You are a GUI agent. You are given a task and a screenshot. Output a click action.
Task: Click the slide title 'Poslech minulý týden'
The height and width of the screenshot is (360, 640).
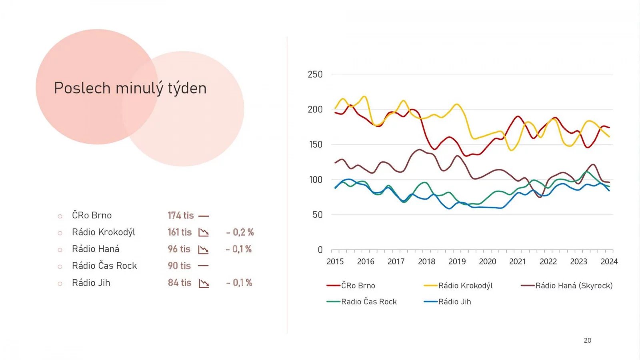[x=130, y=88]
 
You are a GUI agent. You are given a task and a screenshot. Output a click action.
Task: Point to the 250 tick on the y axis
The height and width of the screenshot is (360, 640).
[x=315, y=74]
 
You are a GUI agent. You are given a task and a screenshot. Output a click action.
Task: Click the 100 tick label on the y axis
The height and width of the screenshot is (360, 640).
[x=315, y=180]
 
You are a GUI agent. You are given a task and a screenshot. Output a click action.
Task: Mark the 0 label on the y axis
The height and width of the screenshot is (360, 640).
[x=320, y=250]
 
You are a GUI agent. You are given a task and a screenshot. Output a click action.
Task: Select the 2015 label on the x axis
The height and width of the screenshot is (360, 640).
[x=335, y=262]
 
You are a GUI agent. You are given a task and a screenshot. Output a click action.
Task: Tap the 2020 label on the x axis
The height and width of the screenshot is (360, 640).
[x=488, y=262]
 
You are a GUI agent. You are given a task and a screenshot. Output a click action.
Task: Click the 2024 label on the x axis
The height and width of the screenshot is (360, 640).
[x=609, y=262]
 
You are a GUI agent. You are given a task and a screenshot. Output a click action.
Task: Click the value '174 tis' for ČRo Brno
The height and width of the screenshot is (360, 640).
[x=180, y=216]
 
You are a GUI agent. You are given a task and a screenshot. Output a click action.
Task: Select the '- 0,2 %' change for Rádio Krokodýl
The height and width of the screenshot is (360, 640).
[x=240, y=232]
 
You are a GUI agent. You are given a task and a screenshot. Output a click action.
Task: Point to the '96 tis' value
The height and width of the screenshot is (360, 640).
[x=179, y=249]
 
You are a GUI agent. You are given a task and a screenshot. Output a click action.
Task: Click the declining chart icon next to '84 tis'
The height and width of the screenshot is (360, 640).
[x=204, y=283]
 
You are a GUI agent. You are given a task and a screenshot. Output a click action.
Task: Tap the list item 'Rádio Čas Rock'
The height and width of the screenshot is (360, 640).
[x=104, y=266]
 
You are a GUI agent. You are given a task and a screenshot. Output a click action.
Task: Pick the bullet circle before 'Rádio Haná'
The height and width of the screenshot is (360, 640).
[x=60, y=250]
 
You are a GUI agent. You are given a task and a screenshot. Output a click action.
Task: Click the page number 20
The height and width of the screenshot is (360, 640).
[x=587, y=340]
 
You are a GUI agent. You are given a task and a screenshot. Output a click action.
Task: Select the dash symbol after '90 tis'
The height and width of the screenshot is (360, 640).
[x=204, y=266]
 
